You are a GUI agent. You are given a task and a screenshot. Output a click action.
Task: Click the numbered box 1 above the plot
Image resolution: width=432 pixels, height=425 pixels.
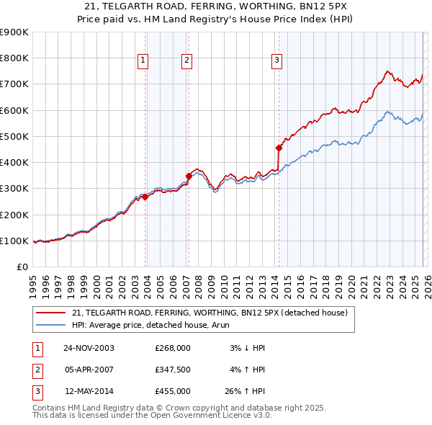[144, 61]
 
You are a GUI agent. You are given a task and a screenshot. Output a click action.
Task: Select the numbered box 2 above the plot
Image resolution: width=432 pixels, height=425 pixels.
[186, 61]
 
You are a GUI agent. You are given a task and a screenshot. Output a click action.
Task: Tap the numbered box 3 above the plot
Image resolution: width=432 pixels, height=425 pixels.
[276, 61]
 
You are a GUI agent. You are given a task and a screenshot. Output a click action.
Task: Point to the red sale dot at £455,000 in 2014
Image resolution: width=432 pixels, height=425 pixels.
[279, 148]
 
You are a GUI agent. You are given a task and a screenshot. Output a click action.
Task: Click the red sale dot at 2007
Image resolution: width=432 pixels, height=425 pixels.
[189, 176]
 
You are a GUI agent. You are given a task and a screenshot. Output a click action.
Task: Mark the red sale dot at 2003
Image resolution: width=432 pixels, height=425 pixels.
[145, 197]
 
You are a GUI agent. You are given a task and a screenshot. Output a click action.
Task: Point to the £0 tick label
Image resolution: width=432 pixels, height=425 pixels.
[22, 267]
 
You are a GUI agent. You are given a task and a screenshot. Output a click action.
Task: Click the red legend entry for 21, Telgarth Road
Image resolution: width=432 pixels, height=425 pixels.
[210, 313]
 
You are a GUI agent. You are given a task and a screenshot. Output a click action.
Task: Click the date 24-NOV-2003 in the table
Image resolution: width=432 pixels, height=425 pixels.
[89, 348]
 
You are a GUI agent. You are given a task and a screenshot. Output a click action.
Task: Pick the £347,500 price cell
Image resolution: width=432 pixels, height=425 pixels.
[173, 370]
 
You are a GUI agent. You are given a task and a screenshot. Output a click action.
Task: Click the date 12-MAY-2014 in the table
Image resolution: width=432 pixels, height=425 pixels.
[89, 391]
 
